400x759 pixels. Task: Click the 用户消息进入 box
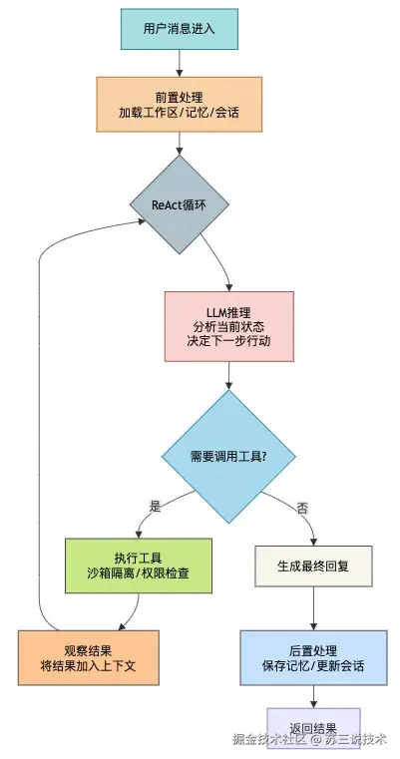click(180, 29)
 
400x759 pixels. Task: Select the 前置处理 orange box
click(180, 104)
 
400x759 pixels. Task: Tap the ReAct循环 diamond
click(180, 204)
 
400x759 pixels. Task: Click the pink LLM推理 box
click(229, 326)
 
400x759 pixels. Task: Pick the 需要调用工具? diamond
click(228, 457)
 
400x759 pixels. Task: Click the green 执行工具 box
click(139, 566)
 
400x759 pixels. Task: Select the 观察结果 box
click(89, 658)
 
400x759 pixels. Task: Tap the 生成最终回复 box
click(314, 567)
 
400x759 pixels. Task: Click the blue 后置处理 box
click(314, 658)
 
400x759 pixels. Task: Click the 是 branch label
click(155, 507)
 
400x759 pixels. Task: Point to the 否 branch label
click(302, 509)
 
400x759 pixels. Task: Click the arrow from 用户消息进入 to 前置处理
click(180, 63)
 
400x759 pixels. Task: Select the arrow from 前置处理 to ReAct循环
click(180, 144)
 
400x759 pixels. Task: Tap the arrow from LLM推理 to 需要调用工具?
click(229, 376)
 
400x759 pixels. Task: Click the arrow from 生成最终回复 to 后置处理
click(314, 608)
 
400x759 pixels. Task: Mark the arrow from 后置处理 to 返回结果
click(314, 696)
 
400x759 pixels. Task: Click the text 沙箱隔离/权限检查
click(139, 573)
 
